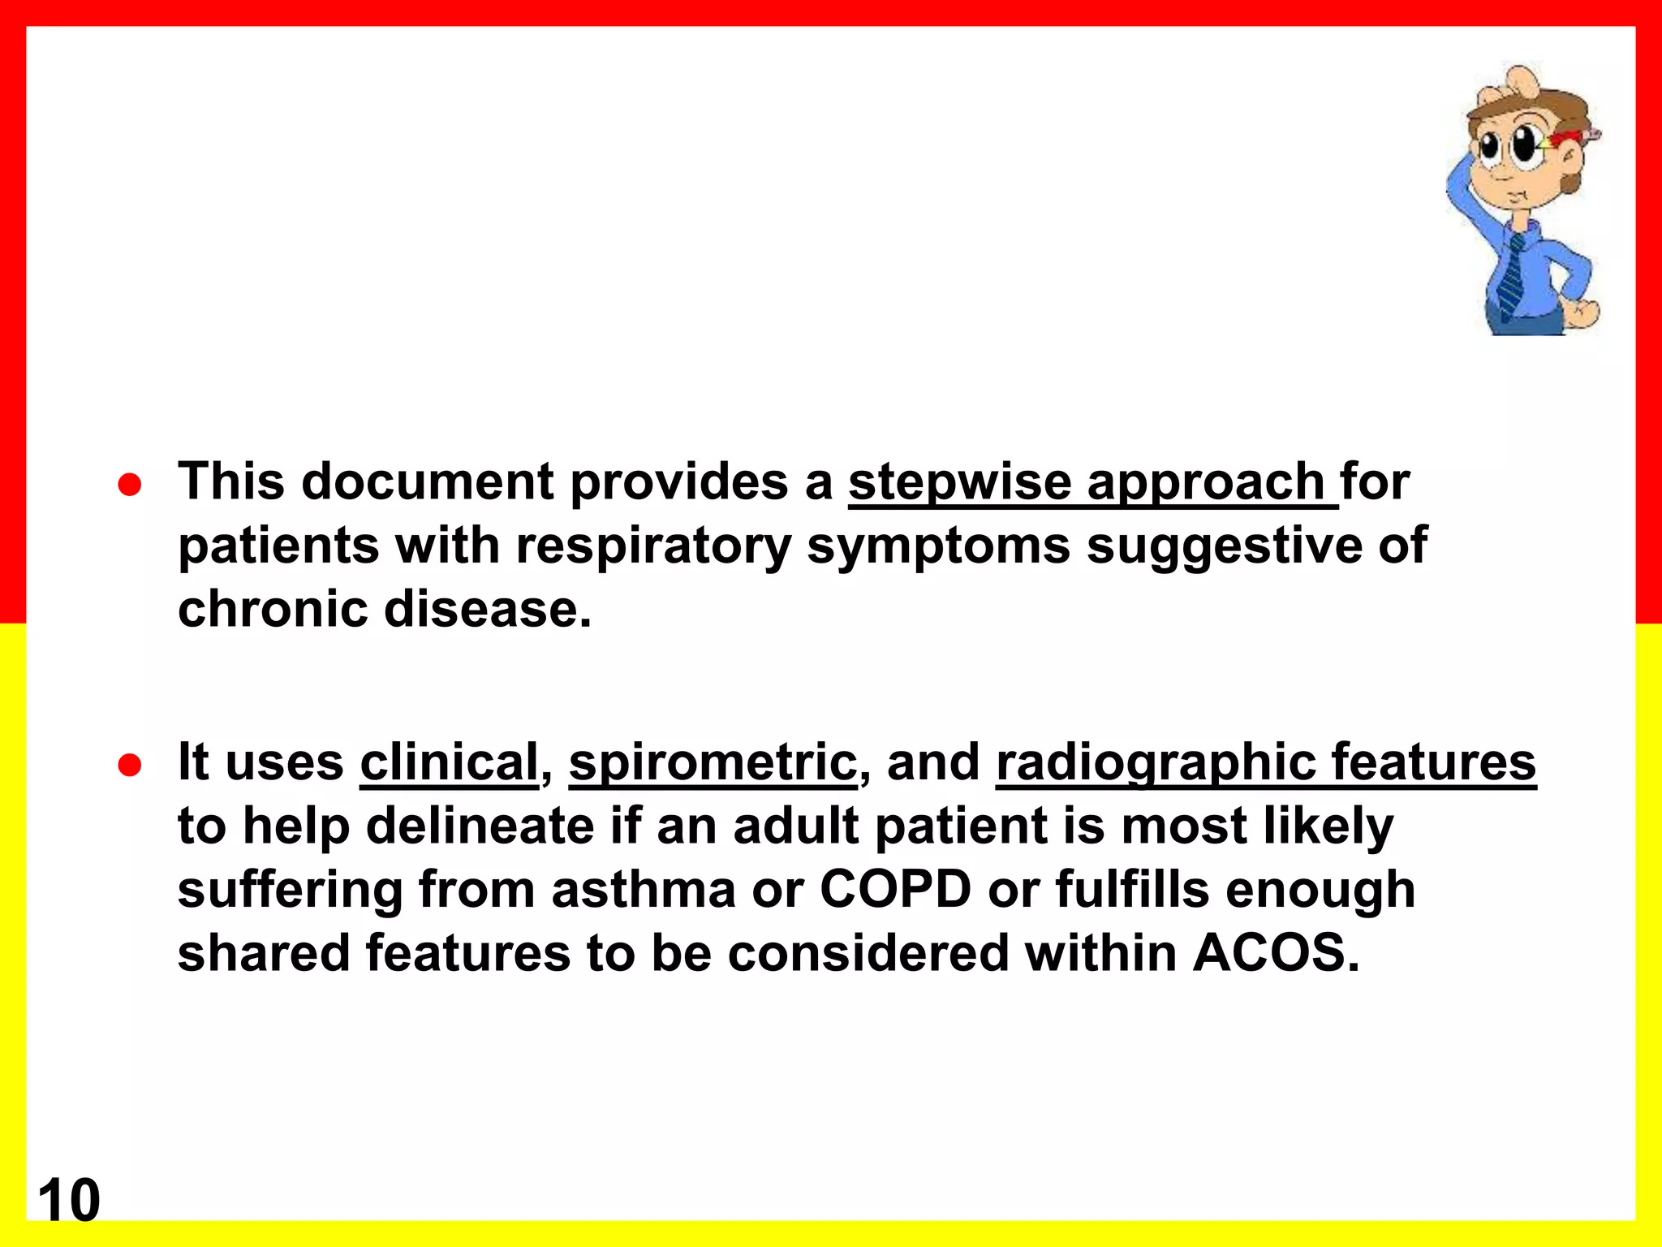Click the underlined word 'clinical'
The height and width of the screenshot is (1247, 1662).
point(449,762)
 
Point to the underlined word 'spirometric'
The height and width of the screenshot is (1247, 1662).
point(713,762)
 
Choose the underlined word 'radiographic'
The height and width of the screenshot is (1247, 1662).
point(1156,762)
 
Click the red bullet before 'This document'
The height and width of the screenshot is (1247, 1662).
point(130,485)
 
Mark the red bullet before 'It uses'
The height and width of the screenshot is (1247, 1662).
point(130,765)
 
